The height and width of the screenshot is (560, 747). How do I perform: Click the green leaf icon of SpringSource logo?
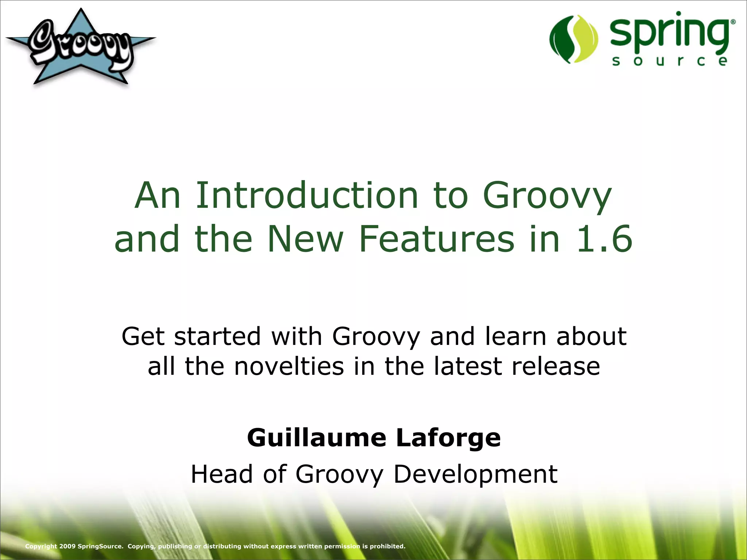573,39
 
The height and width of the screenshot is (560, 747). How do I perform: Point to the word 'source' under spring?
669,61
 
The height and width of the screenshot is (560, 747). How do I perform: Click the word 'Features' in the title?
437,239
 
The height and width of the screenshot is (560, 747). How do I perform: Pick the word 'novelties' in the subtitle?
289,366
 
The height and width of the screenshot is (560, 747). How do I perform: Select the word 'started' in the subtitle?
217,336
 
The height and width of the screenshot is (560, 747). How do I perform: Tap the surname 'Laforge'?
448,437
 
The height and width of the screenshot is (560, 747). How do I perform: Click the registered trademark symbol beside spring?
733,22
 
